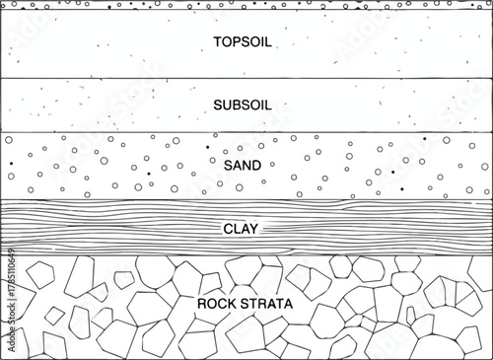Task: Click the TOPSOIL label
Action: (x=243, y=41)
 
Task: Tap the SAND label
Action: (x=243, y=165)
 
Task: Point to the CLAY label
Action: (x=243, y=229)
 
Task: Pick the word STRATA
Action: (x=267, y=303)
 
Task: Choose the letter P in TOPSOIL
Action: (x=237, y=41)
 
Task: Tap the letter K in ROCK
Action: (x=233, y=303)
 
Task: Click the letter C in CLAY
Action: (x=229, y=229)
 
